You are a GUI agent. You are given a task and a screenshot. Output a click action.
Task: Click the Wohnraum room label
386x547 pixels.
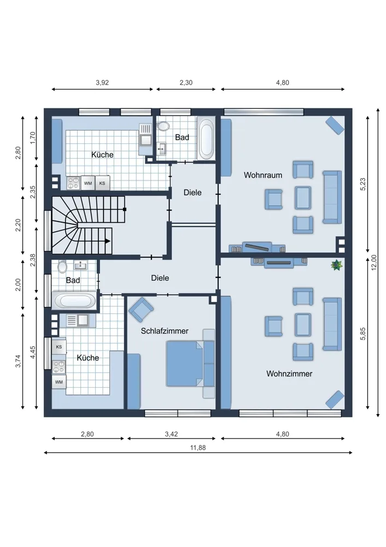pos(262,175)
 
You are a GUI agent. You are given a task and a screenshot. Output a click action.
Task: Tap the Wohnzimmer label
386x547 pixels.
pos(289,374)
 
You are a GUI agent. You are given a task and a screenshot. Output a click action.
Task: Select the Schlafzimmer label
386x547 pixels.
pos(165,331)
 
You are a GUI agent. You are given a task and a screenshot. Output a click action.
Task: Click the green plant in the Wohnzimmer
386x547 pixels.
pos(336,265)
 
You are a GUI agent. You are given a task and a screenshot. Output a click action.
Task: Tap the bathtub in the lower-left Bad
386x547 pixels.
pos(73,301)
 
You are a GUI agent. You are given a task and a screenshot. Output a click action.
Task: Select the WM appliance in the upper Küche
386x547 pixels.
pos(88,183)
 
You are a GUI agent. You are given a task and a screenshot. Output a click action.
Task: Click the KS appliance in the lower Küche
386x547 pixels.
pos(59,347)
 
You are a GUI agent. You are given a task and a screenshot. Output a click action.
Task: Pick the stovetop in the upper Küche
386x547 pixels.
pos(73,183)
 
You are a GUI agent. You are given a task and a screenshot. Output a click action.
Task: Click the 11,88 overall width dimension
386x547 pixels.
pos(198,448)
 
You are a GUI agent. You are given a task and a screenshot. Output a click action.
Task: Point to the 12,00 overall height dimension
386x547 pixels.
pos(374,262)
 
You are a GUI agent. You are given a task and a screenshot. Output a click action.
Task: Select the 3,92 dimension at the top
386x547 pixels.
pos(102,83)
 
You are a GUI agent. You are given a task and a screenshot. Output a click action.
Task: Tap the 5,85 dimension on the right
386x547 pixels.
pos(362,334)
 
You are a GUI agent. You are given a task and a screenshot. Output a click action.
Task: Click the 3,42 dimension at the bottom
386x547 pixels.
pos(171,434)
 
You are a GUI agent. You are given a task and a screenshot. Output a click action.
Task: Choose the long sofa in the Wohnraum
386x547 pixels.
pos(332,197)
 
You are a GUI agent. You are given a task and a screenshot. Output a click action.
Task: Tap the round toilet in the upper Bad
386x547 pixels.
pos(163,126)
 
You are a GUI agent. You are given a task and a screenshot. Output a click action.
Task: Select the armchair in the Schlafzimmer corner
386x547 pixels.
pos(141,309)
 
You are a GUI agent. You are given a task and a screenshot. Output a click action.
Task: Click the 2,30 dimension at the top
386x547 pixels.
pos(186,83)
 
